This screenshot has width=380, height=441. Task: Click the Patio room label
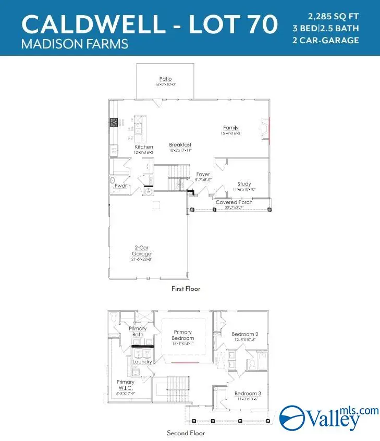(x=166, y=79)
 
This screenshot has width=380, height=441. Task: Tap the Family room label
(x=230, y=128)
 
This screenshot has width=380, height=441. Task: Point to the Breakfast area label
(x=180, y=144)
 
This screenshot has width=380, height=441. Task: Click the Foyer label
(x=203, y=174)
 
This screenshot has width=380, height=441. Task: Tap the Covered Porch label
(x=234, y=202)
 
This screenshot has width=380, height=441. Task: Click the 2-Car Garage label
(x=141, y=250)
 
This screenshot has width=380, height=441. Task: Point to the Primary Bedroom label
(x=182, y=335)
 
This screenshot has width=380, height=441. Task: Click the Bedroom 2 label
(x=244, y=334)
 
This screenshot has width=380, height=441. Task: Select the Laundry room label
(x=142, y=361)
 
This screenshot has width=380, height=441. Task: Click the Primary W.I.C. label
(x=126, y=385)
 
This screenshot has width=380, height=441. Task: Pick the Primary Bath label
(x=138, y=332)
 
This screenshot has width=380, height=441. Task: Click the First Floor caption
(x=186, y=288)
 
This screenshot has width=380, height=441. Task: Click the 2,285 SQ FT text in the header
(x=334, y=15)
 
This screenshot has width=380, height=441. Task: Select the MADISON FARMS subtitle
(x=75, y=44)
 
